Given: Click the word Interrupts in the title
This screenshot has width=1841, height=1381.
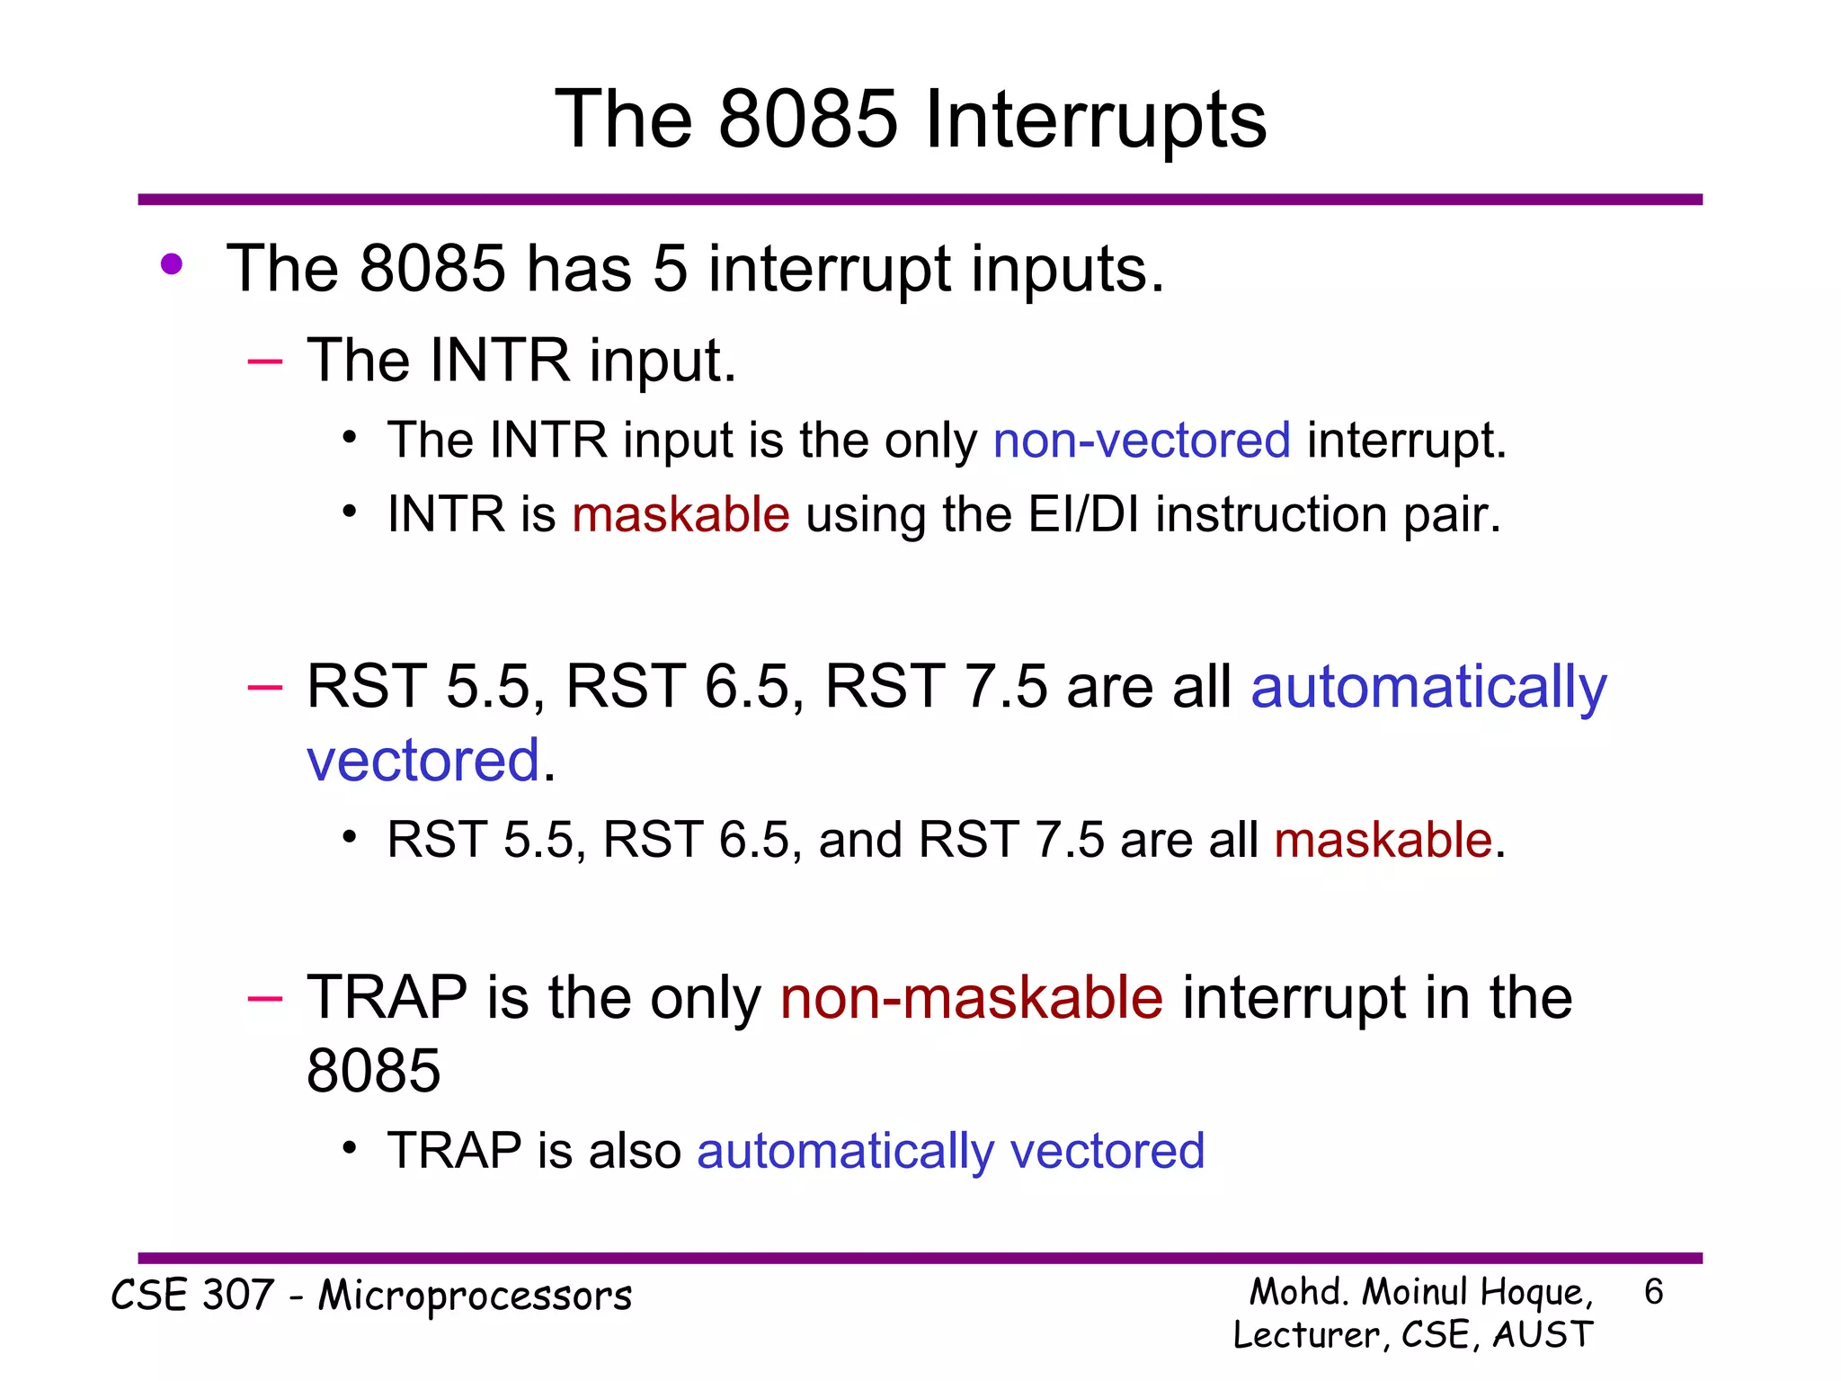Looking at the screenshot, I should point(1095,120).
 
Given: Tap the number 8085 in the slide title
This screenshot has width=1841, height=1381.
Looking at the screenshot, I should point(808,120).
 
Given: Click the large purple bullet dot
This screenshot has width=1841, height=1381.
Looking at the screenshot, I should point(172,265).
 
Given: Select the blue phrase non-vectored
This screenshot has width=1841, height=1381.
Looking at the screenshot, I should point(1142,441).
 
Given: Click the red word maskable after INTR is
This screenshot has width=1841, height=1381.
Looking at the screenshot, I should point(680,514).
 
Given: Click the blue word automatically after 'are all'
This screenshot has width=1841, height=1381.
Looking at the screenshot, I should point(1428,687).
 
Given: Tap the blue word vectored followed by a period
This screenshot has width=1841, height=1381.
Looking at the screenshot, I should point(422,761).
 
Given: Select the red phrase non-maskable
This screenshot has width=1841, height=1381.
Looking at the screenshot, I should point(972,998).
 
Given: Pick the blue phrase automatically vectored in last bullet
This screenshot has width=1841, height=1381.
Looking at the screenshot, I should point(950,1151).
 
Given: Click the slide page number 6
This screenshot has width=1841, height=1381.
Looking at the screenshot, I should point(1653,1292).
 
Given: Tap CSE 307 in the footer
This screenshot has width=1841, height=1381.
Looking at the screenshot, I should point(191,1296).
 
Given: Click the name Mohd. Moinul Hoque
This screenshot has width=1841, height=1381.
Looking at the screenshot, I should point(1420,1292).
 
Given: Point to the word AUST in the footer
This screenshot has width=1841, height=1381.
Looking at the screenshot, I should point(1543,1334).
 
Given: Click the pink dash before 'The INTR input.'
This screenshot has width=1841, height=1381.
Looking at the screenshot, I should point(264,361).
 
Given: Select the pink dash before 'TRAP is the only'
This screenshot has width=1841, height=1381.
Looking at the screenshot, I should point(264,999).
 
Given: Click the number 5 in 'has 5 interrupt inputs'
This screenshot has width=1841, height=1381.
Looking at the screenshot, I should point(671,269).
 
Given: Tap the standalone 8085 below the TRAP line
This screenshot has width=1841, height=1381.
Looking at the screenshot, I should point(373,1072).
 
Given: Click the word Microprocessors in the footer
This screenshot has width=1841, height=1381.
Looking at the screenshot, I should point(475,1296).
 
